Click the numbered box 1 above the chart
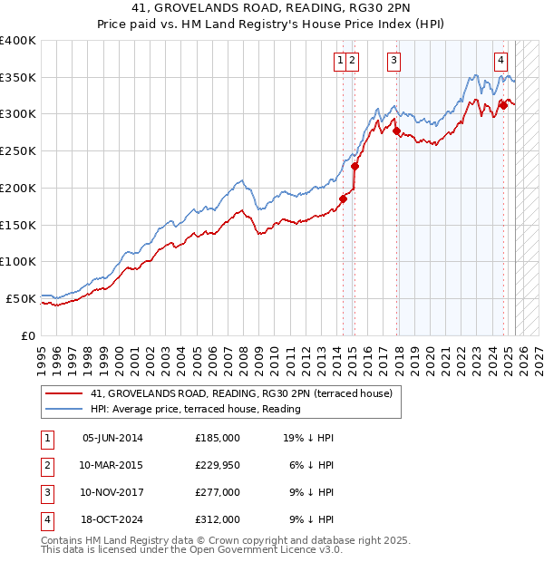[x=340, y=62]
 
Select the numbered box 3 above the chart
[x=394, y=62]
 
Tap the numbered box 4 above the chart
[x=500, y=62]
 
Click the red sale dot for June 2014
[x=344, y=199]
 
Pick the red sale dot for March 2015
[x=355, y=166]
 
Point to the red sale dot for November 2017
[x=396, y=131]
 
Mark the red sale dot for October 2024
[x=503, y=105]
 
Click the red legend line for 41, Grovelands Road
[x=63, y=394]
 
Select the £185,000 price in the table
[x=218, y=438]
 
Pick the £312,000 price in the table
[x=218, y=520]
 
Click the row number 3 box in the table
[x=44, y=493]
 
